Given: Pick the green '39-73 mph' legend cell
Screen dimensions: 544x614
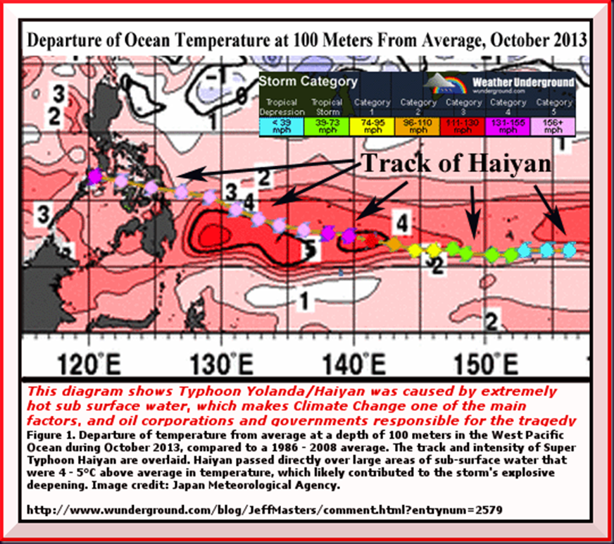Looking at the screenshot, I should [327, 125].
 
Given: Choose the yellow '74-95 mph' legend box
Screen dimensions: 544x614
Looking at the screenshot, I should [372, 125].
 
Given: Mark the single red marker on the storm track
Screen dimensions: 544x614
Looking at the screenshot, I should [371, 240].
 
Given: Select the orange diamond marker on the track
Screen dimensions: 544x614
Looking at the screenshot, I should [395, 244].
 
